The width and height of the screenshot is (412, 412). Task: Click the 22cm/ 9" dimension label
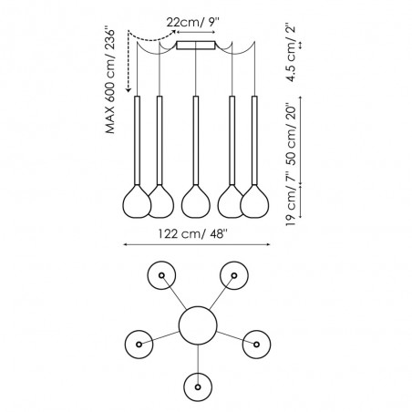pos(192,22)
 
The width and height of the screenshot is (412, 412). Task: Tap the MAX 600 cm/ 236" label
pos(110,81)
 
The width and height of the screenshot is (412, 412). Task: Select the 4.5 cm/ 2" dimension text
pos(291,54)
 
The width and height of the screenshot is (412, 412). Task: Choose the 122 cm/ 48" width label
pos(192,234)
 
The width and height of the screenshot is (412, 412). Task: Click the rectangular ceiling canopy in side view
pos(196,46)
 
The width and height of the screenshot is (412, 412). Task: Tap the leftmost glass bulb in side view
pos(137,201)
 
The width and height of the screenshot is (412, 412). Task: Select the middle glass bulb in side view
pos(196,201)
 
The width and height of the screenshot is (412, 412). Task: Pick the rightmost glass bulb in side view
pos(254,201)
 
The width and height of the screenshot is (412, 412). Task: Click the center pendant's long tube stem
pos(196,140)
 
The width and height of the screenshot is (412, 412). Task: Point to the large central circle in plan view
pos(198,325)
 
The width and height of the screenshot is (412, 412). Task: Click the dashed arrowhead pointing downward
pos(129,89)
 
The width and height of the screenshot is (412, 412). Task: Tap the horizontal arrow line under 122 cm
pos(196,244)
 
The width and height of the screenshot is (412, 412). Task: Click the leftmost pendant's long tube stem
pos(137,140)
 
